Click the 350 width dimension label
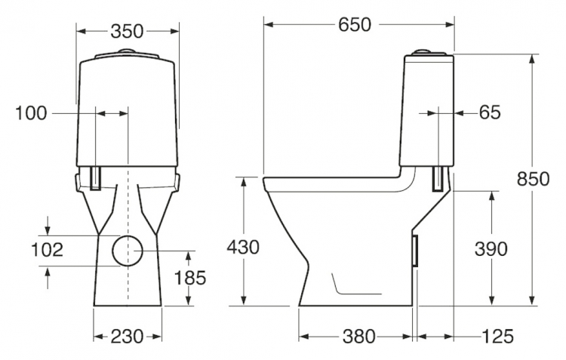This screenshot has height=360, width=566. pyautogui.click(x=127, y=32)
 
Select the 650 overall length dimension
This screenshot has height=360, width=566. pyautogui.click(x=355, y=25)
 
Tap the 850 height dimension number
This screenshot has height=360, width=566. pyautogui.click(x=533, y=179)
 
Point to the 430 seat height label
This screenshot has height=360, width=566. pyautogui.click(x=243, y=248)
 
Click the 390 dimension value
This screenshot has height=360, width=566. pyautogui.click(x=491, y=249)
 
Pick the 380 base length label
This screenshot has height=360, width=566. pyautogui.click(x=358, y=337)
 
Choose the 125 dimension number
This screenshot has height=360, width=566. pyautogui.click(x=497, y=337)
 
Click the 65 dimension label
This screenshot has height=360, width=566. pyautogui.click(x=490, y=112)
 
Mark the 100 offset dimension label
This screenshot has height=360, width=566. pyautogui.click(x=31, y=113)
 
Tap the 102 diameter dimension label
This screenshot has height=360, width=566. pyautogui.click(x=47, y=250)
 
